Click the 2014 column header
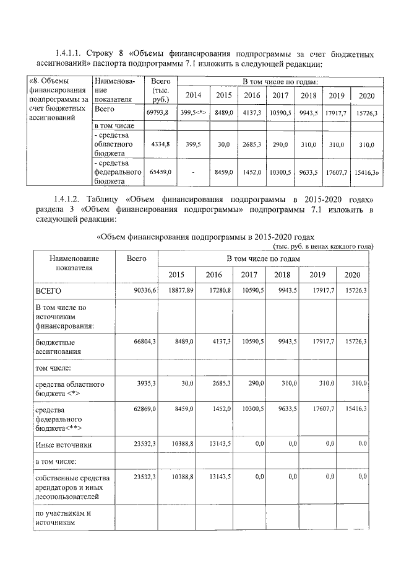click(x=193, y=95)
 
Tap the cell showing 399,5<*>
click(x=193, y=113)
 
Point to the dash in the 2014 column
click(x=193, y=172)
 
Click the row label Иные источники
click(x=64, y=444)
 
